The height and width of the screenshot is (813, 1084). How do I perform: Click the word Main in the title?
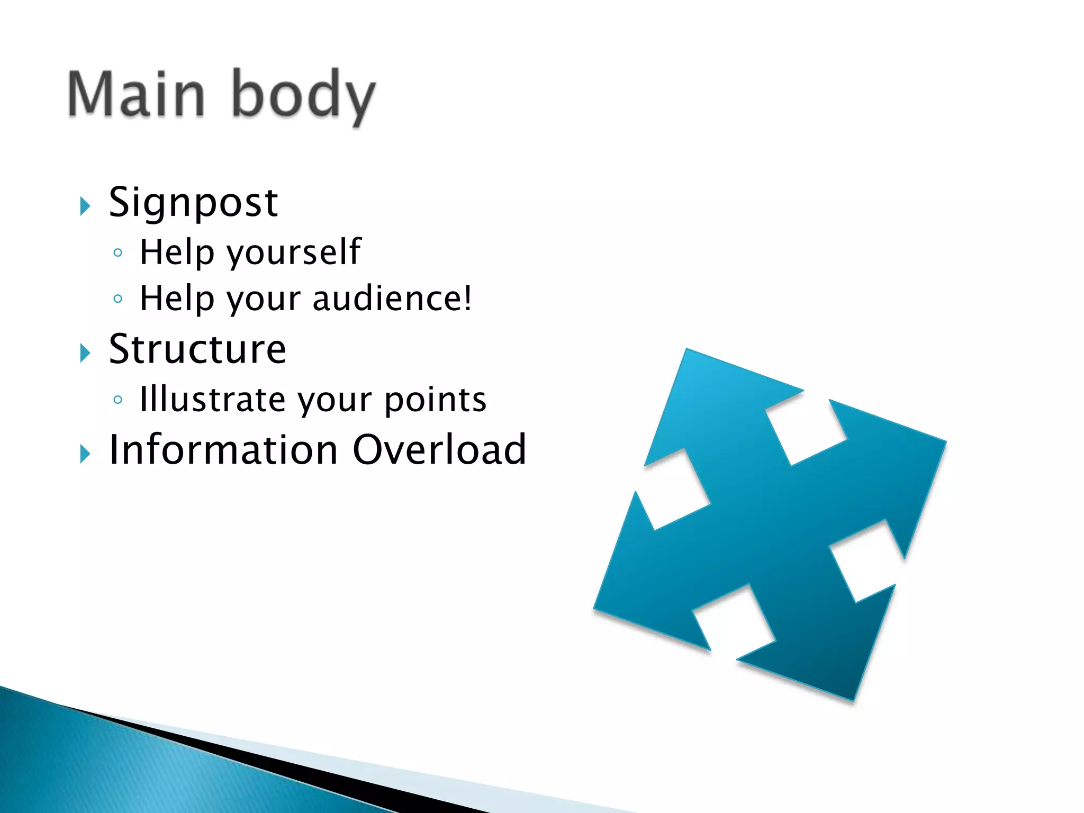(x=136, y=94)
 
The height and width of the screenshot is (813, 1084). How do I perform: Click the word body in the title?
(x=303, y=96)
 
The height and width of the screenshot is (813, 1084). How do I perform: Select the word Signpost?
(x=193, y=202)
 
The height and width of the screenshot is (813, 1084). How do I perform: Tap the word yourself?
(x=294, y=252)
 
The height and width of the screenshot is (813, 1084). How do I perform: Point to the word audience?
(x=392, y=299)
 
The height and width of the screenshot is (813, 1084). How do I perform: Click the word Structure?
(x=197, y=349)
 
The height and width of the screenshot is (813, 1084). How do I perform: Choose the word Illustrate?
(x=212, y=399)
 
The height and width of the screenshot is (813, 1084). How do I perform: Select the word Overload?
(x=439, y=449)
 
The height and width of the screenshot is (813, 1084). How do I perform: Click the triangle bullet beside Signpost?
(x=85, y=206)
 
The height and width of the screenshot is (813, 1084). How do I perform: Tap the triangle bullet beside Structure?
(x=85, y=353)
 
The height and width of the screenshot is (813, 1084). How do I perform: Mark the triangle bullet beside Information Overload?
(x=85, y=454)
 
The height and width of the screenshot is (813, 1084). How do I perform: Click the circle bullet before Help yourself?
(x=118, y=253)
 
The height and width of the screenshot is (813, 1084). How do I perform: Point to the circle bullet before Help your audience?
(x=118, y=299)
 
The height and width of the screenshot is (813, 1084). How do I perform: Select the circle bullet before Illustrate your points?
(x=118, y=400)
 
